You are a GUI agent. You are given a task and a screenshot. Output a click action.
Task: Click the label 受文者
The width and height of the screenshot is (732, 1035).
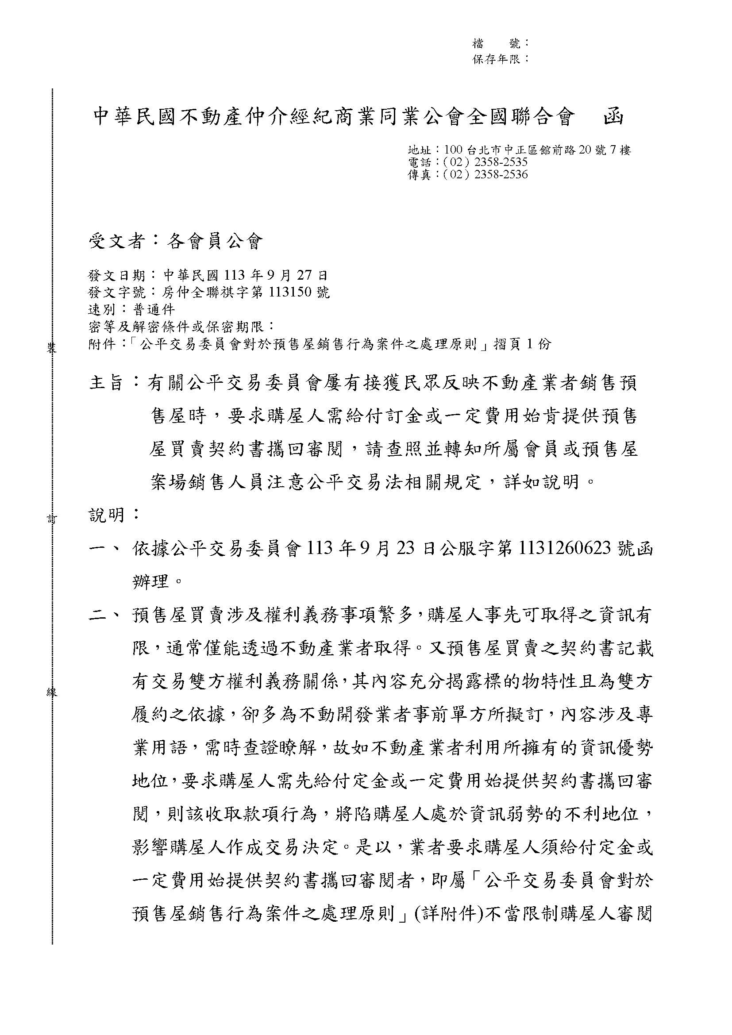click(116, 242)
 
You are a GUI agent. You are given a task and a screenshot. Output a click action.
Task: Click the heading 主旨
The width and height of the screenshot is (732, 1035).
click(107, 384)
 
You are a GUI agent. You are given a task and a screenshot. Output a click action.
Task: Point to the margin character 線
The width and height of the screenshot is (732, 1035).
click(52, 693)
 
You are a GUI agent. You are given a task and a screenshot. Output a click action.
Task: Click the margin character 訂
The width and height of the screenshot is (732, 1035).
click(52, 520)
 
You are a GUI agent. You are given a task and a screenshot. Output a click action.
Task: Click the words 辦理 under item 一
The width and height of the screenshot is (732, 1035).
click(150, 582)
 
